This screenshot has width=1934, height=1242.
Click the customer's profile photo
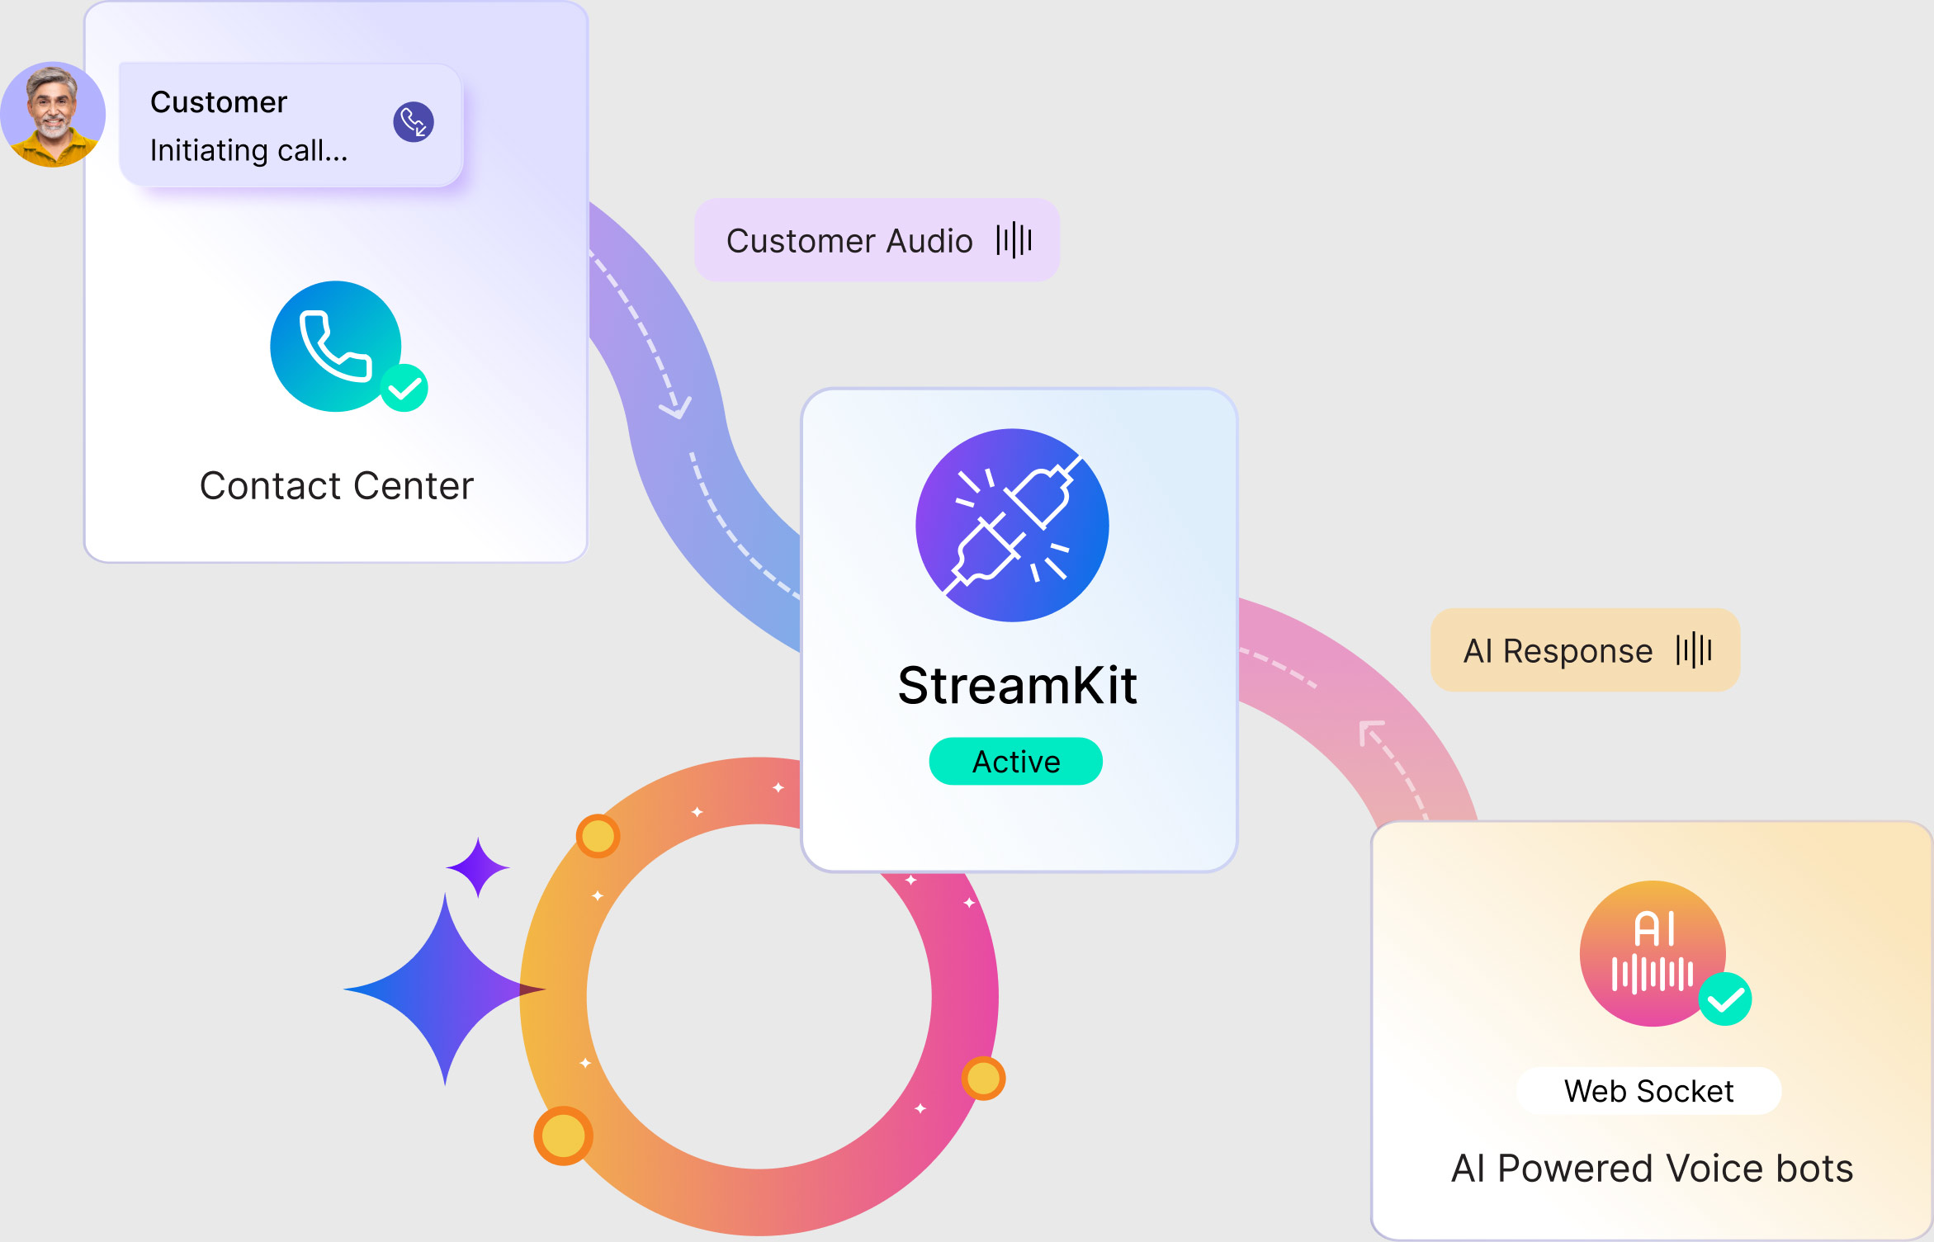(x=53, y=115)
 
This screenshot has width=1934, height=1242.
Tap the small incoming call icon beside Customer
(x=414, y=122)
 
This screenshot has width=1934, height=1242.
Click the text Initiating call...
(x=248, y=150)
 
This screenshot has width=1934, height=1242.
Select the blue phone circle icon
(x=336, y=347)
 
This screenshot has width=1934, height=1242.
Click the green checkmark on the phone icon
(x=404, y=388)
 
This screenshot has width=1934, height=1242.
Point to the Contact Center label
(x=337, y=485)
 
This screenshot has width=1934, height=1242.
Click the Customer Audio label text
(x=849, y=241)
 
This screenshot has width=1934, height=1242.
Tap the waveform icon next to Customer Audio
(x=1014, y=240)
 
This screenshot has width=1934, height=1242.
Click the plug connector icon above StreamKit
(x=1012, y=525)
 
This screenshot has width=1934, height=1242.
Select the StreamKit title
(x=1018, y=685)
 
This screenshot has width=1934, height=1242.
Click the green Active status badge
(x=1016, y=761)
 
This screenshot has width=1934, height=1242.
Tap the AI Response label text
(x=1558, y=651)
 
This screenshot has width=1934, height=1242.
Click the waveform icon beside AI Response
(x=1694, y=650)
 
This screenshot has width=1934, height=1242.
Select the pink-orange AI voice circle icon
(x=1653, y=953)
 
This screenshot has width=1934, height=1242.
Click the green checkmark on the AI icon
(x=1725, y=999)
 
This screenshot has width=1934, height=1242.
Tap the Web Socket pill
(x=1648, y=1091)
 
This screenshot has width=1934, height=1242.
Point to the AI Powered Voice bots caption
(x=1653, y=1169)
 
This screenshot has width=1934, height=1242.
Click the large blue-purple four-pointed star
(x=445, y=989)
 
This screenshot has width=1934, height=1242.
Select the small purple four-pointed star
(x=478, y=867)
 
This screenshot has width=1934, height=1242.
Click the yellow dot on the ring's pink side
(x=983, y=1078)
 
